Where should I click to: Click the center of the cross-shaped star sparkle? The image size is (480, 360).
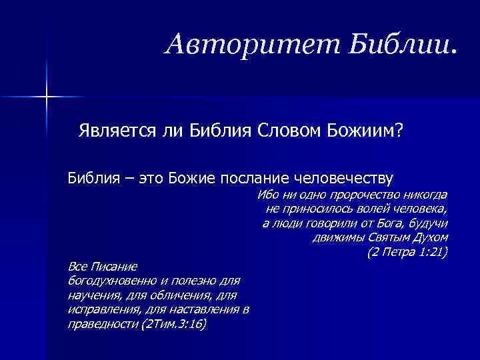[47, 98]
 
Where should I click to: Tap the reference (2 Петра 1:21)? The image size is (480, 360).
[407, 253]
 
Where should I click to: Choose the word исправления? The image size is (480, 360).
[102, 309]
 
